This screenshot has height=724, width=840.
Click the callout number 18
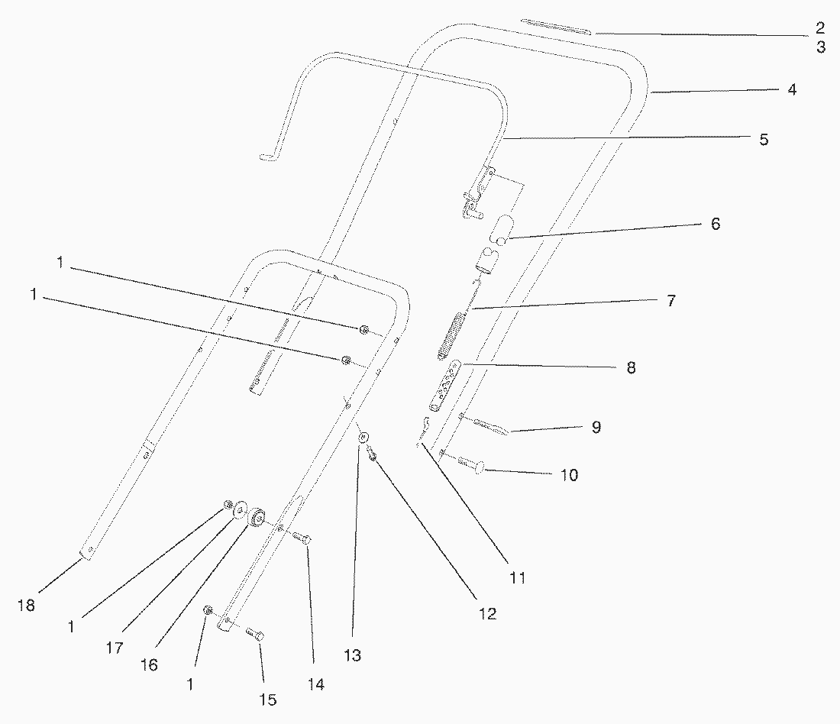pyautogui.click(x=27, y=606)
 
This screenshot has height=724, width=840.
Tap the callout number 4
pyautogui.click(x=792, y=90)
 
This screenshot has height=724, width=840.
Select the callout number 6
pyautogui.click(x=715, y=224)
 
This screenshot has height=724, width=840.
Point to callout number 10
pyautogui.click(x=569, y=475)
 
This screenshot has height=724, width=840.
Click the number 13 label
pyautogui.click(x=352, y=655)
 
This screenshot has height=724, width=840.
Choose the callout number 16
pyautogui.click(x=149, y=665)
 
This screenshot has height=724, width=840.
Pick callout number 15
pyautogui.click(x=267, y=700)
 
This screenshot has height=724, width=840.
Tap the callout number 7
pyautogui.click(x=670, y=301)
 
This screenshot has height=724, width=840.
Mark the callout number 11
pyautogui.click(x=518, y=578)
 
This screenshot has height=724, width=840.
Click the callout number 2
pyautogui.click(x=819, y=29)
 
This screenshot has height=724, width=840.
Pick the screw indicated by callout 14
pyautogui.click(x=303, y=538)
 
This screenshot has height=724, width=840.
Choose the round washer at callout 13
pyautogui.click(x=364, y=438)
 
